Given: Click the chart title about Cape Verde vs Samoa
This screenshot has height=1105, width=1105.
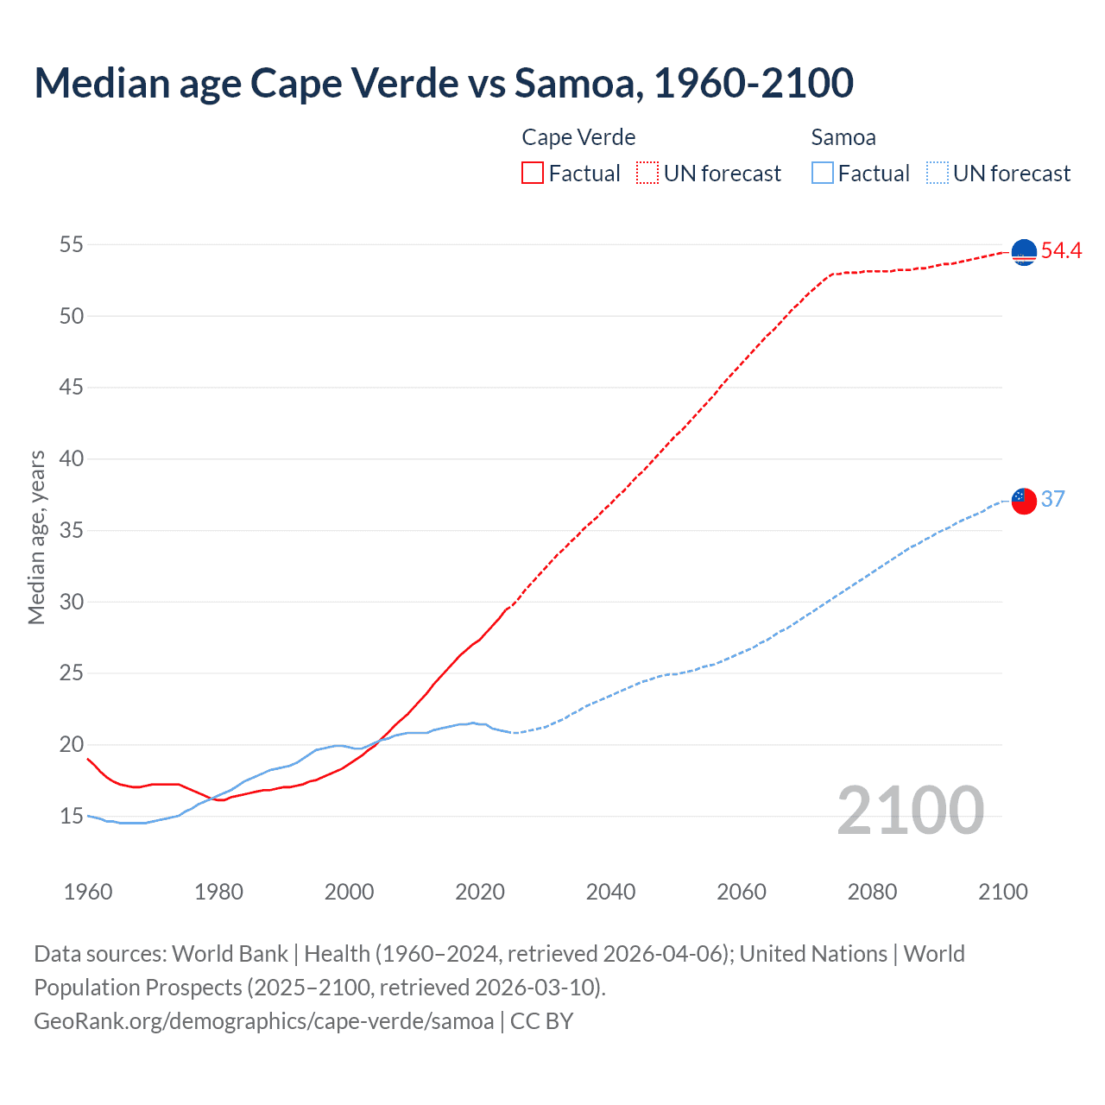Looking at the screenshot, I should coord(444,83).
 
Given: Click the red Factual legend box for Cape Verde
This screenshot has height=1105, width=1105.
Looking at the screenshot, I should coord(533,174).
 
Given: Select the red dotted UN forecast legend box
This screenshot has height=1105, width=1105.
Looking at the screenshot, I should coord(647,174).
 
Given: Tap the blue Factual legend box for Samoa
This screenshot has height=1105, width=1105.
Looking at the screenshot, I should coord(823,174).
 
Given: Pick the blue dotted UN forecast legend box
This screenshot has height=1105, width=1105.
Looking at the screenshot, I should coord(938,174).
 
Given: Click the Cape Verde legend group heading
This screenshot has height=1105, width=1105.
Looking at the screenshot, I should coord(578,137).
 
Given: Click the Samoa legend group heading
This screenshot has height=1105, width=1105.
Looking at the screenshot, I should coord(843,137).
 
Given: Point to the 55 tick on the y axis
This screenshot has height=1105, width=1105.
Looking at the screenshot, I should coord(72,244).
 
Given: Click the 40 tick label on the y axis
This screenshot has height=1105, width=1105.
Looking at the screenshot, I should coord(72,458).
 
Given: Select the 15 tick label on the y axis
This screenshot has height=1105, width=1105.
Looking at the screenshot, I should coord(72,816).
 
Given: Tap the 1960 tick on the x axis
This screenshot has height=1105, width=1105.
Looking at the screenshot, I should coord(88,892).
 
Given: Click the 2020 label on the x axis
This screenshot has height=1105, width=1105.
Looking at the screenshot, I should coord(480,892).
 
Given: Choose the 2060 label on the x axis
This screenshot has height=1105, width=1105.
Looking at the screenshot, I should coord(742,892).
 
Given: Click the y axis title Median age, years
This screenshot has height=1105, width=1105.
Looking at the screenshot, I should coord(36,537).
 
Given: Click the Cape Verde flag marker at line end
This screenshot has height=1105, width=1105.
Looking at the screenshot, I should coord(1024,252).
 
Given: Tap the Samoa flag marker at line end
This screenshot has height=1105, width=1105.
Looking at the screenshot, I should coord(1024,501).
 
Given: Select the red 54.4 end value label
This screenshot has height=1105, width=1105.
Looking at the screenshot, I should coord(1061,251).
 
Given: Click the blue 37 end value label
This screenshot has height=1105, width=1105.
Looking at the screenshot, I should coord(1052,499).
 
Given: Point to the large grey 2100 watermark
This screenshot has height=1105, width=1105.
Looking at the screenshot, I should coord(911,811).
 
